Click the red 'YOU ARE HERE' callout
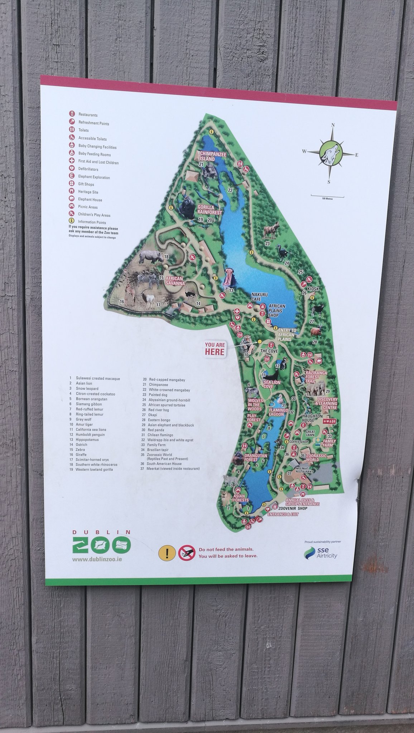point(215,349)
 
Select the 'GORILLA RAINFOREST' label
point(210,210)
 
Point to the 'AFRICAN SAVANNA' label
point(175,281)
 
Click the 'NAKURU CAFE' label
point(259,297)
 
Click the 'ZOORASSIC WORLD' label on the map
point(317,457)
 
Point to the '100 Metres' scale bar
point(327,196)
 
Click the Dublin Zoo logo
point(101,544)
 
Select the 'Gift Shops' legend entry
point(86,184)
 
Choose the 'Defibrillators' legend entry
point(88,169)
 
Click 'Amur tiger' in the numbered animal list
point(84,424)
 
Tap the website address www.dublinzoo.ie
point(96,559)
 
